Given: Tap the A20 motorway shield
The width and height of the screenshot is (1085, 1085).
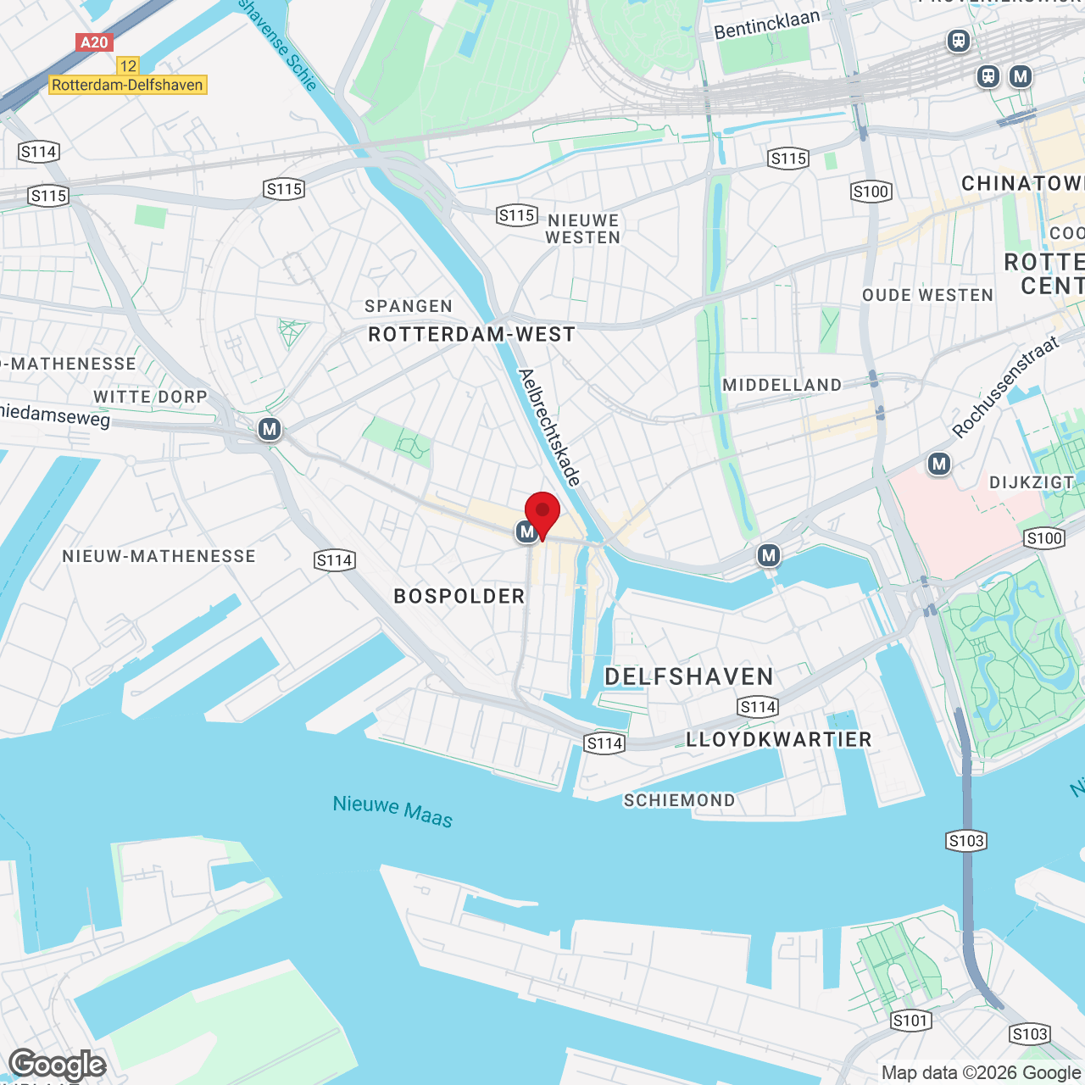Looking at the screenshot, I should (93, 42).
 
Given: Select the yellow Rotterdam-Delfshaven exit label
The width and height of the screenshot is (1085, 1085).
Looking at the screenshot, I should (127, 85).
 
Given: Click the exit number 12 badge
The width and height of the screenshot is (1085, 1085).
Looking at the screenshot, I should (128, 65).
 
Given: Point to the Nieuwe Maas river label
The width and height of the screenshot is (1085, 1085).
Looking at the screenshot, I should (392, 810).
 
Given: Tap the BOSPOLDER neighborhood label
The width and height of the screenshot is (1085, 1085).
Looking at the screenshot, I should (459, 597).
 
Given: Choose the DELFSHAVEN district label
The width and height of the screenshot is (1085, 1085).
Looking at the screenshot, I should (689, 676).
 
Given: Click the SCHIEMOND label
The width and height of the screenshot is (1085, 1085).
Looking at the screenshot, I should (679, 800).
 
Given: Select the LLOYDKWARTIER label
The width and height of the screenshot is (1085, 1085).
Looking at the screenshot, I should (779, 739).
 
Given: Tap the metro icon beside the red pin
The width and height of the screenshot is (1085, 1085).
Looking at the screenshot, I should (526, 532).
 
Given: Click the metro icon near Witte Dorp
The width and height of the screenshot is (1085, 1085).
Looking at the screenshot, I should (270, 430).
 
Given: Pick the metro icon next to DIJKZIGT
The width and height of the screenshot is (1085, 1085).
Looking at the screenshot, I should (938, 464).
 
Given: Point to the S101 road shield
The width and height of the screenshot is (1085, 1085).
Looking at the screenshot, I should (910, 1021).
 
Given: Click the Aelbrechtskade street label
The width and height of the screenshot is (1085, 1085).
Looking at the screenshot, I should (549, 428).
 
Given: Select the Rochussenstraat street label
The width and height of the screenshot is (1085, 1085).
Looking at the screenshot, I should (1006, 387).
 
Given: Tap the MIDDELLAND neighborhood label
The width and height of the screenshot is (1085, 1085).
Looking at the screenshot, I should (782, 385).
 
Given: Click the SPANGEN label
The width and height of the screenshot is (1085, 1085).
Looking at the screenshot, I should (409, 306).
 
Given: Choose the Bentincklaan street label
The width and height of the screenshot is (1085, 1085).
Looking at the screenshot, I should (767, 25).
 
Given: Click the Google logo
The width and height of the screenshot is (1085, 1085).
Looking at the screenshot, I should (58, 1065).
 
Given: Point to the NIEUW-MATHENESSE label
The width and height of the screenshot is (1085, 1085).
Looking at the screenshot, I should (159, 556).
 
